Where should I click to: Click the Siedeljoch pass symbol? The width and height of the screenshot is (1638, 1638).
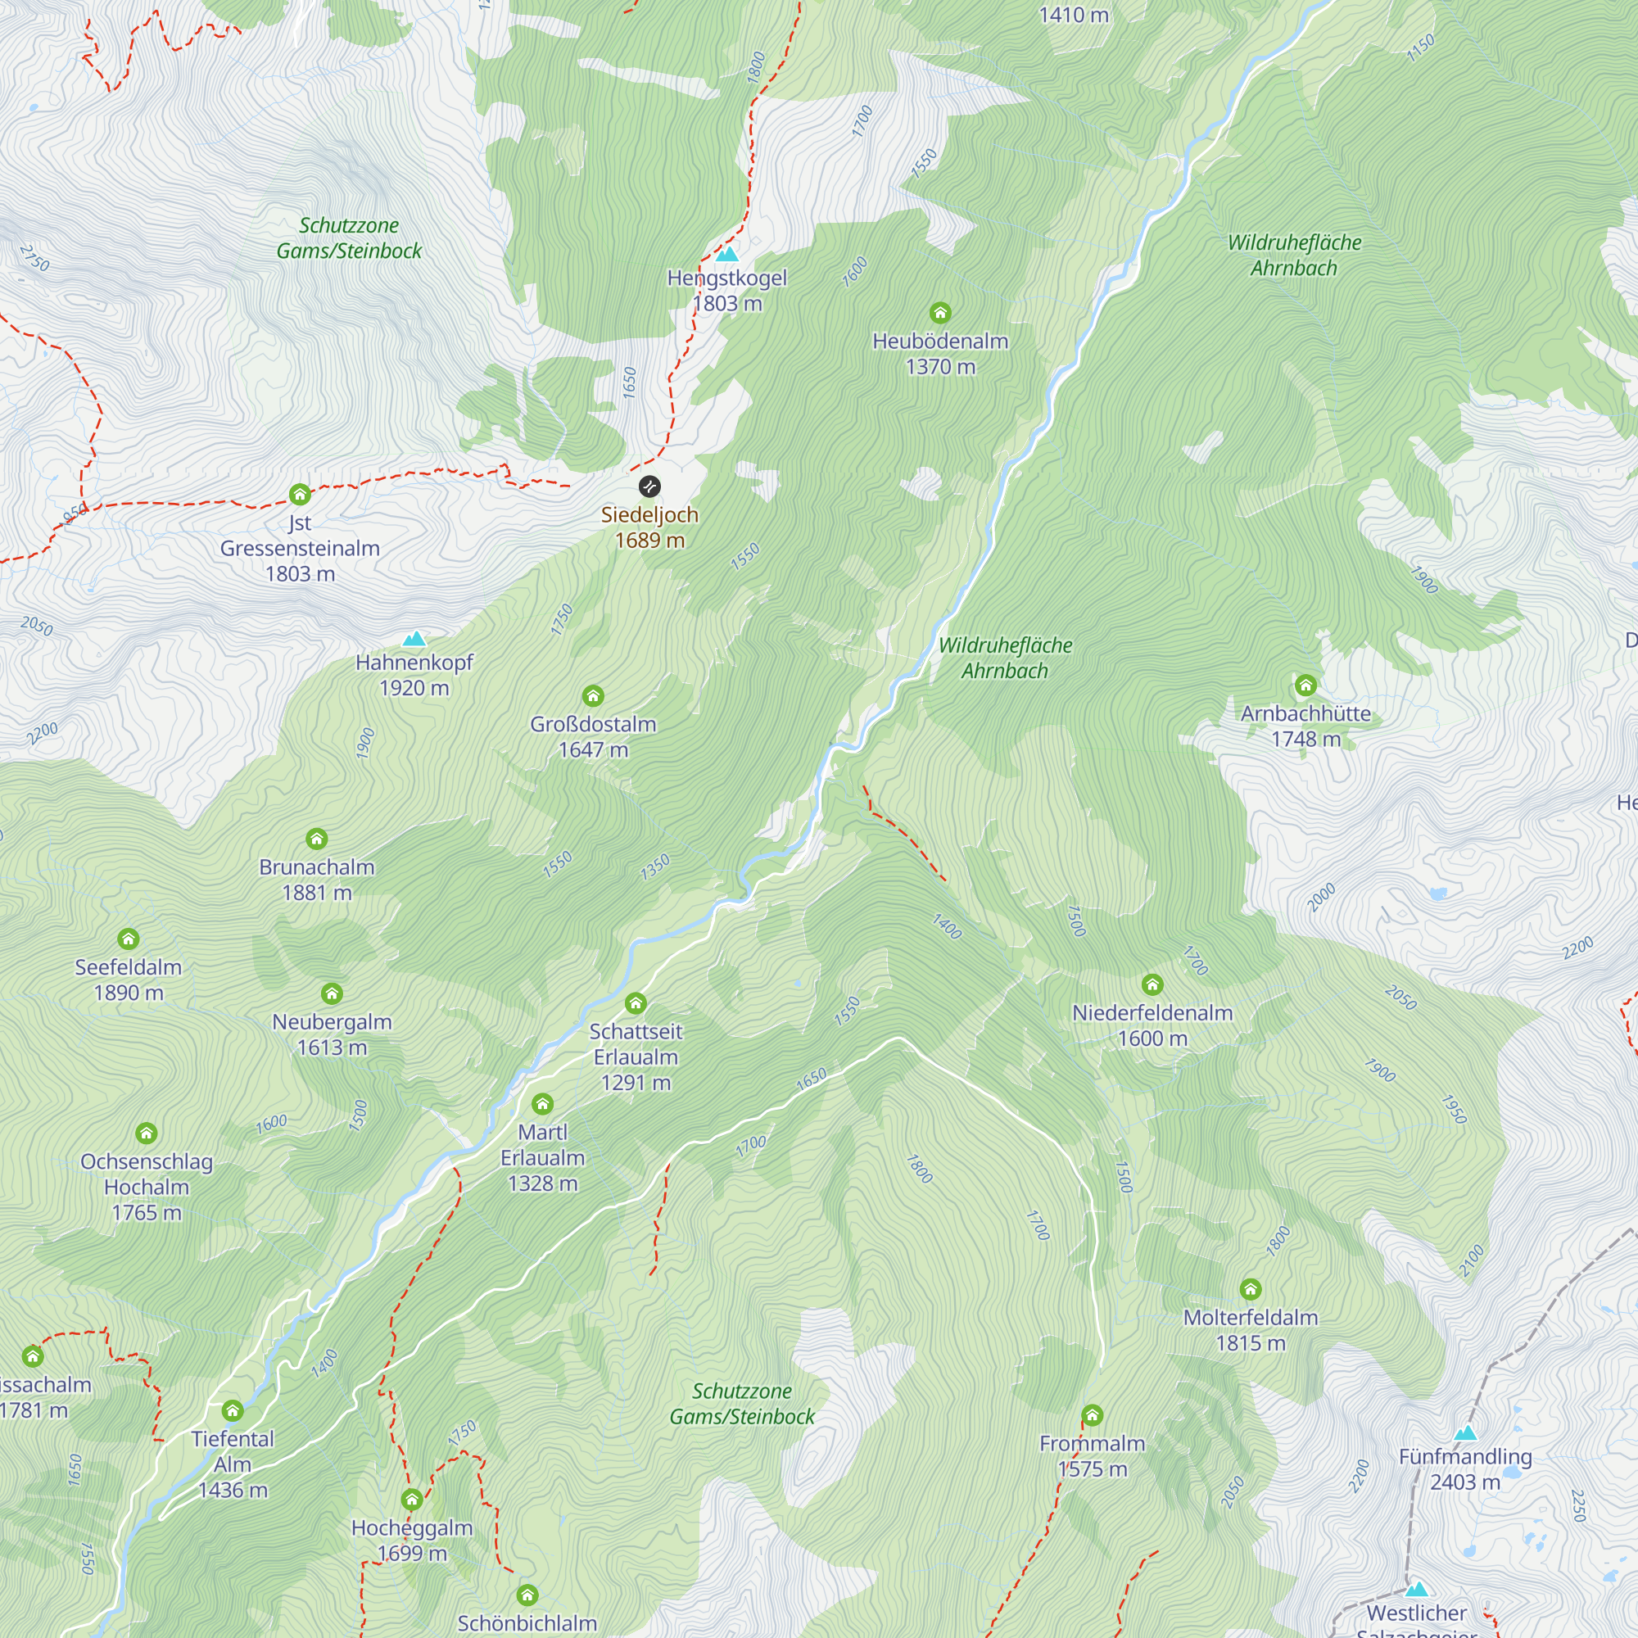pos(649,486)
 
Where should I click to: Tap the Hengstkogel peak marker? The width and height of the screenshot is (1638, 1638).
pos(726,255)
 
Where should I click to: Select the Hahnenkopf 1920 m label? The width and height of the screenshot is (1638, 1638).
pos(414,675)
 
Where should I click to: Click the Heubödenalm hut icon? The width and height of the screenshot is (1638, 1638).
pos(940,313)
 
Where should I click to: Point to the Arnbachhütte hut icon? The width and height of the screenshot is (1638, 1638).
pos(1305,684)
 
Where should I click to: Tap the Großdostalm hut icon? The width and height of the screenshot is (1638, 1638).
pos(593,696)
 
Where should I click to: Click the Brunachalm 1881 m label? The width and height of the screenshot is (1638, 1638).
pos(316,879)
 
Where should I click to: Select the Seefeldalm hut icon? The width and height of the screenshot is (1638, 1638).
pos(128,939)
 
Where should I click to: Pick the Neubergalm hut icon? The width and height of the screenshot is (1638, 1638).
pos(332,993)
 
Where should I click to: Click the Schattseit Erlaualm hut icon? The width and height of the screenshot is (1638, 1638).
pos(636,1004)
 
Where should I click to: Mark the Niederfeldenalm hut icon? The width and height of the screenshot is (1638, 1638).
pos(1152,984)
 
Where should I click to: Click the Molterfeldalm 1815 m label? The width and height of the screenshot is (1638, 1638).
pos(1251,1329)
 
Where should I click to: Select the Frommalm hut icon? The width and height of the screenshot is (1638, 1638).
pos(1092,1415)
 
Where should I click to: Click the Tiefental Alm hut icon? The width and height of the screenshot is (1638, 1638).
pos(233,1411)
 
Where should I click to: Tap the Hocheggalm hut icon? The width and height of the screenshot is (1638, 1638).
pos(412,1500)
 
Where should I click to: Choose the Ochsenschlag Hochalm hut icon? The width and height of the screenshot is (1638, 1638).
pos(146,1133)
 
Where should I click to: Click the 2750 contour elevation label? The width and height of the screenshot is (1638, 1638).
pos(34,258)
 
